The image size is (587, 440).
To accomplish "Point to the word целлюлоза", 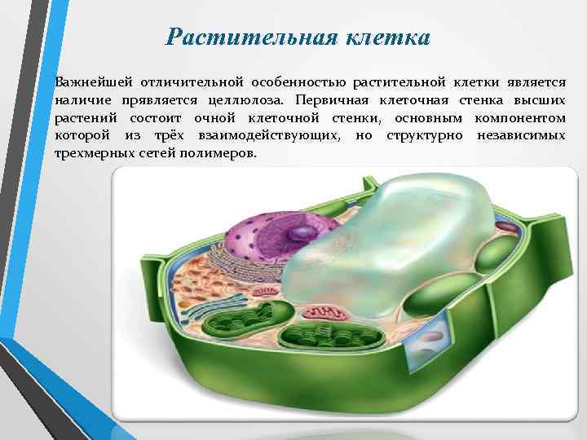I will point(245,99).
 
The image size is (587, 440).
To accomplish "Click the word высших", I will point(545,99).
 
